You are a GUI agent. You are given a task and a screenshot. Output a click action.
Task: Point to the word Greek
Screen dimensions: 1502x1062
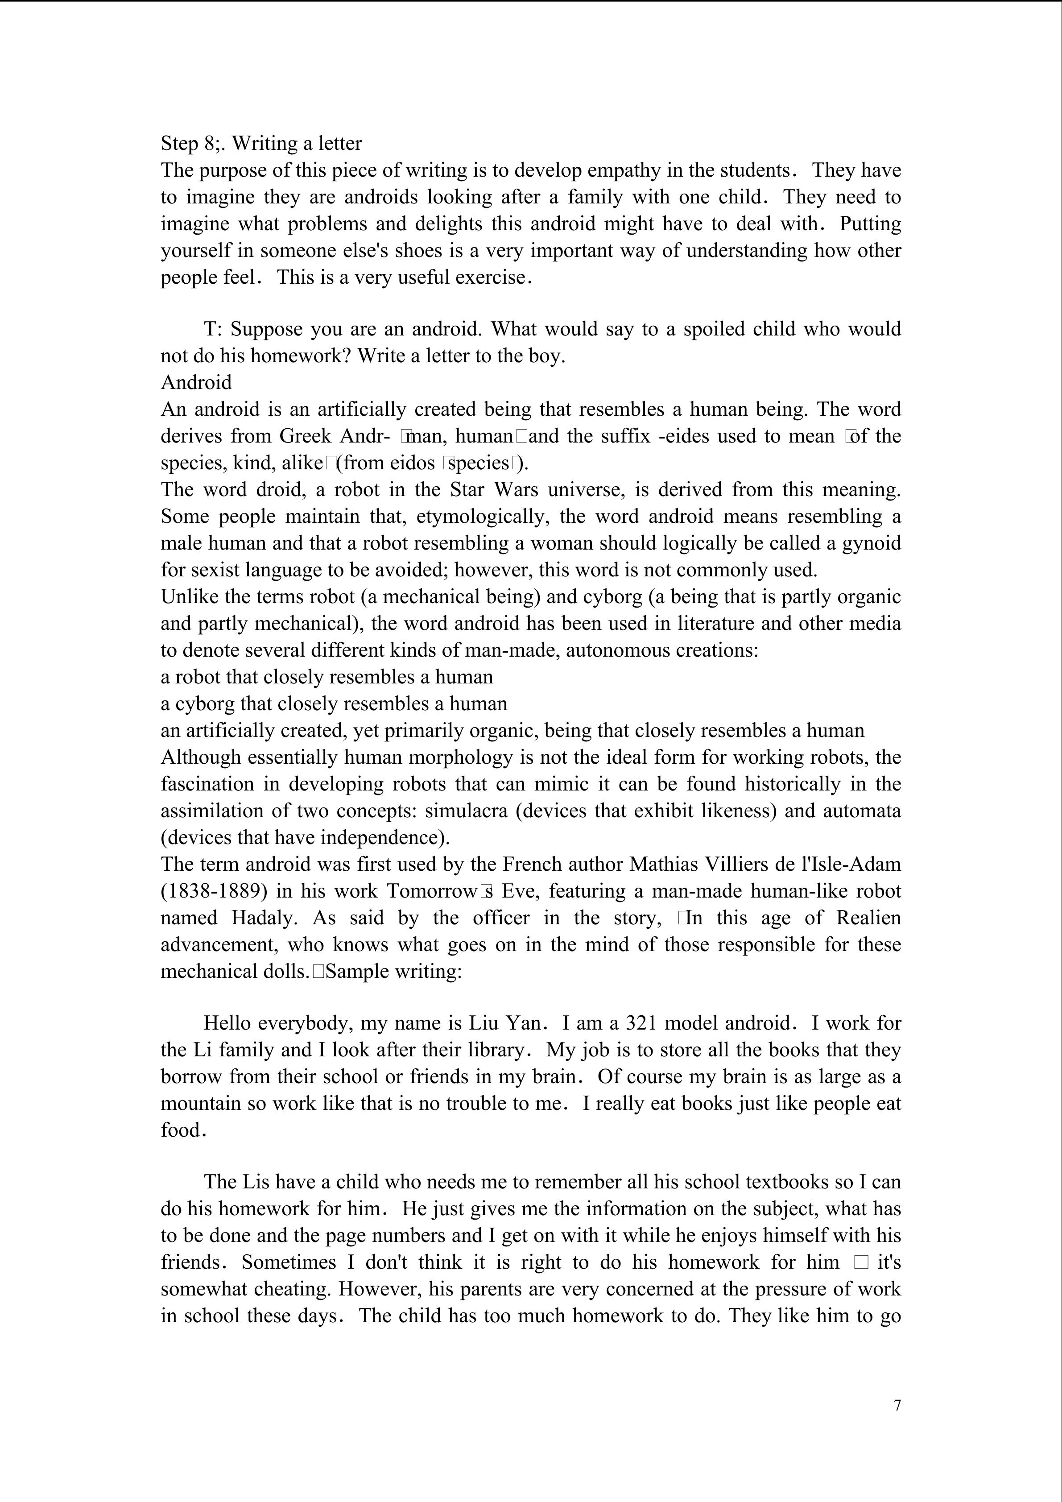306,436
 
